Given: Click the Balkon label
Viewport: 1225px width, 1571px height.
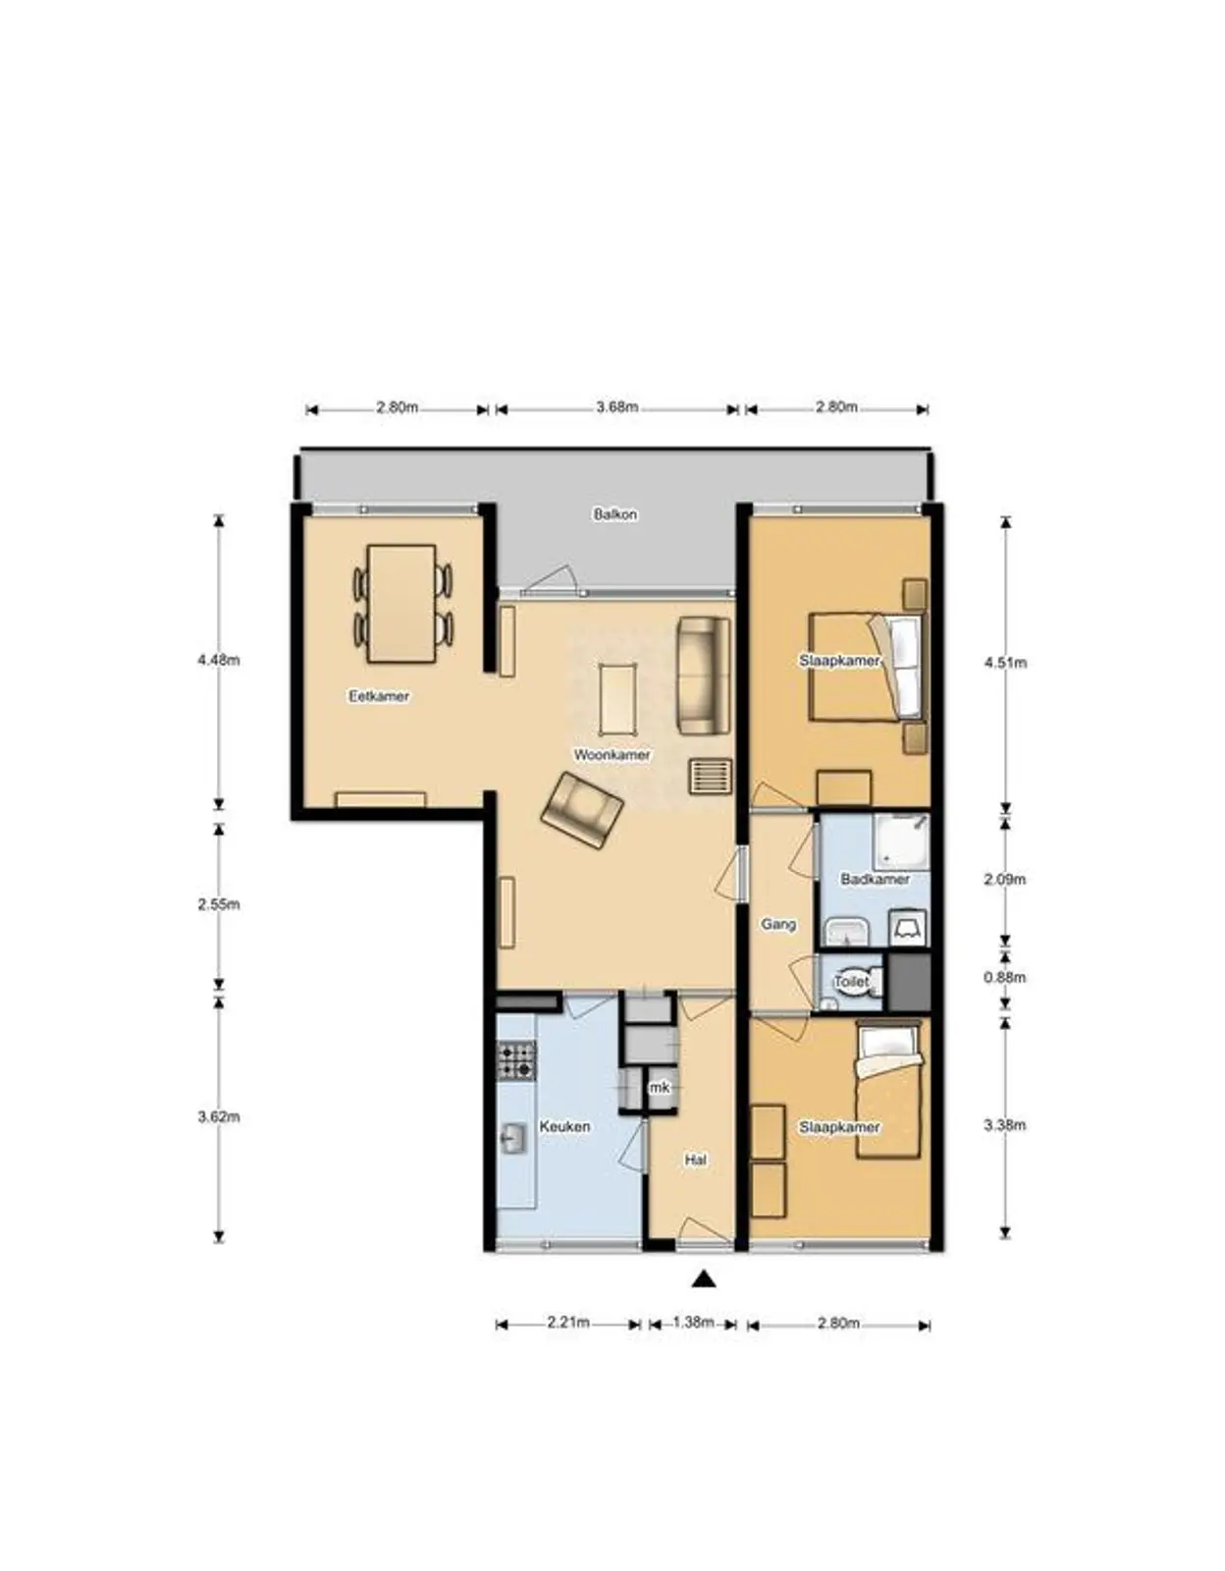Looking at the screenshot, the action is pyautogui.click(x=615, y=515).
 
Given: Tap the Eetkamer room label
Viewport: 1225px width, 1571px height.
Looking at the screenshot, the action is pyautogui.click(x=379, y=696).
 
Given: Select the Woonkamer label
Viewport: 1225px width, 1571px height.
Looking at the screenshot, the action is pyautogui.click(x=612, y=755).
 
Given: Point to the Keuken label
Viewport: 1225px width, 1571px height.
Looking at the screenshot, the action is pyautogui.click(x=564, y=1126).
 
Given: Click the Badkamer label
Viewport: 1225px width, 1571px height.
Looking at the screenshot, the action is pyautogui.click(x=875, y=879).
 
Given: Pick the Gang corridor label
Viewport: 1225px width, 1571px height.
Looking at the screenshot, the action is pyautogui.click(x=778, y=924).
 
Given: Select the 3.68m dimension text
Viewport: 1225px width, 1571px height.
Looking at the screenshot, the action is pyautogui.click(x=617, y=407).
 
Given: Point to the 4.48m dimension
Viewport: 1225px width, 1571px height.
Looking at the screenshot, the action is pyautogui.click(x=218, y=660).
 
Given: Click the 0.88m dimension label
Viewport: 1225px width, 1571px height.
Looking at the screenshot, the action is pyautogui.click(x=1004, y=977).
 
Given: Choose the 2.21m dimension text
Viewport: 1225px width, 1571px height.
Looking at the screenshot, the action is pyautogui.click(x=568, y=1323).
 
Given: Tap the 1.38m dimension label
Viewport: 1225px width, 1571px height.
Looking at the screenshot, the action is pyautogui.click(x=694, y=1323).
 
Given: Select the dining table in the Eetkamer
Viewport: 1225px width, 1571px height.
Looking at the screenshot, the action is pyautogui.click(x=401, y=604).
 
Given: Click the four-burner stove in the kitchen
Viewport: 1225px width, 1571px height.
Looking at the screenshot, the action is pyautogui.click(x=516, y=1060).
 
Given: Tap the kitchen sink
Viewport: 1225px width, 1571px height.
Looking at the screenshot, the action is pyautogui.click(x=513, y=1139).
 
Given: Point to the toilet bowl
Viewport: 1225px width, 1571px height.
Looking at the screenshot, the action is pyautogui.click(x=865, y=982).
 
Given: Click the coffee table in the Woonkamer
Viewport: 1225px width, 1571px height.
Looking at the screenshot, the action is pyautogui.click(x=617, y=698).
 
